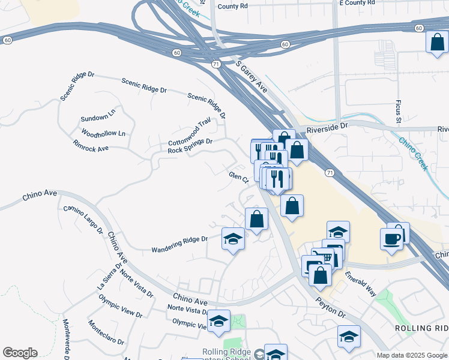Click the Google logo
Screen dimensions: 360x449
(x=20, y=353)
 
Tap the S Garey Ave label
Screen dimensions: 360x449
(x=252, y=75)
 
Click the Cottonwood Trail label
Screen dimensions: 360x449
(x=190, y=134)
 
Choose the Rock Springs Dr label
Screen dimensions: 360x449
(x=190, y=146)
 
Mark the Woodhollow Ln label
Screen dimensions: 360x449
(x=103, y=133)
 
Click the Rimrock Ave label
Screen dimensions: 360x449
(x=90, y=145)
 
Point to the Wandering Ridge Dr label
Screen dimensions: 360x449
(x=179, y=244)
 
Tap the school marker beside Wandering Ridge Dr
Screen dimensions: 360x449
(x=234, y=239)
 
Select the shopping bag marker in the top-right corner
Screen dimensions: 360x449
(x=437, y=42)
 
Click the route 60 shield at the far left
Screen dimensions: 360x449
(x=7, y=40)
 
